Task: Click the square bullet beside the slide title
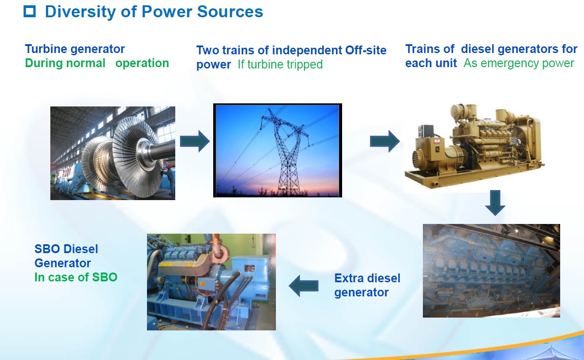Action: point(30,11)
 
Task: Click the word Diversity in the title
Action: point(80,12)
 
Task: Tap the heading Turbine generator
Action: point(75,49)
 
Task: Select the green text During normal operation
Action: point(97,63)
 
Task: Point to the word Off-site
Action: point(365,50)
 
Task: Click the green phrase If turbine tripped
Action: point(280,64)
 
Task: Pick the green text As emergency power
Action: point(519,63)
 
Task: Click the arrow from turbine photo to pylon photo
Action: point(195,141)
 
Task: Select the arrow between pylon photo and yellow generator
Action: point(385,141)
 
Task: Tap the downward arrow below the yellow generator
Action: point(495,203)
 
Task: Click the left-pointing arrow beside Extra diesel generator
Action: point(303,286)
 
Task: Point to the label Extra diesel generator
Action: point(367,285)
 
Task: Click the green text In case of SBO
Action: point(76,277)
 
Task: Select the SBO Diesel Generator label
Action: point(66,256)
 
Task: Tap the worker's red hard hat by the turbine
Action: point(169,167)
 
